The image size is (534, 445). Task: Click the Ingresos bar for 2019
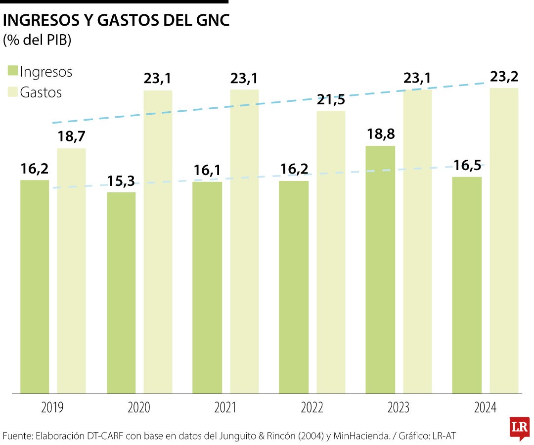(35, 287)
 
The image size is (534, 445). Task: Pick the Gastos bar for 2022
(331, 252)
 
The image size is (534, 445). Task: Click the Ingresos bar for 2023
(380, 269)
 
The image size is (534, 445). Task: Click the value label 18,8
(380, 134)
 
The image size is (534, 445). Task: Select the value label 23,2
(504, 77)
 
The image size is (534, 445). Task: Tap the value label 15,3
(121, 181)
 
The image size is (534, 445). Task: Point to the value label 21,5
(331, 99)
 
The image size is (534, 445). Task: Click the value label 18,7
(72, 137)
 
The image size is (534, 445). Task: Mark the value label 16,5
(467, 165)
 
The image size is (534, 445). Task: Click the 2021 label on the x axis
(225, 408)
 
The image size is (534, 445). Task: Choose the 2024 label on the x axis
(485, 408)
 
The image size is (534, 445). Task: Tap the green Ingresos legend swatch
(12, 71)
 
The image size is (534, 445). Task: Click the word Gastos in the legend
(41, 92)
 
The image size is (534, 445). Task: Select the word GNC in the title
(210, 21)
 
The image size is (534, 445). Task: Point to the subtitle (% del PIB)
(38, 40)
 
